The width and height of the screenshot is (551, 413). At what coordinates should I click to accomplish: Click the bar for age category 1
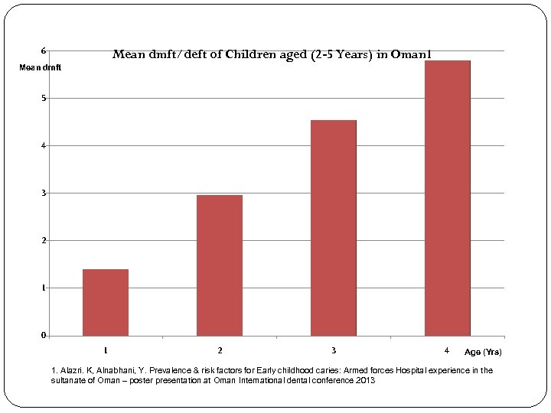(106, 302)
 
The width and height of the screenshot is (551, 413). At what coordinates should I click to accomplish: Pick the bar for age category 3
(334, 227)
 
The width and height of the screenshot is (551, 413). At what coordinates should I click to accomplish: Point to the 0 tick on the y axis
(44, 335)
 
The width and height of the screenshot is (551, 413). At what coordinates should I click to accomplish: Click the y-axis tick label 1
(44, 288)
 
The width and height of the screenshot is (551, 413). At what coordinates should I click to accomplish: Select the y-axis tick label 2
(44, 241)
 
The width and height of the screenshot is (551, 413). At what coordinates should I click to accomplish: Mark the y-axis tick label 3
(44, 193)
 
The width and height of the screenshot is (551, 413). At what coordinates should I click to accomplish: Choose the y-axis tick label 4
(44, 146)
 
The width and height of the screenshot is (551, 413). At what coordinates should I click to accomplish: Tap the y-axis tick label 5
(44, 99)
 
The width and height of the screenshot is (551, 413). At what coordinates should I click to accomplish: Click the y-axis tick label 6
(44, 51)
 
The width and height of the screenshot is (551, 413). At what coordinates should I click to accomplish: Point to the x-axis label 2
(220, 350)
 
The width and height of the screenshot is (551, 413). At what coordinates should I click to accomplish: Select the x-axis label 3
(334, 350)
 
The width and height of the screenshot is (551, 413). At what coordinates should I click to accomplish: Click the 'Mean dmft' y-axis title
(41, 68)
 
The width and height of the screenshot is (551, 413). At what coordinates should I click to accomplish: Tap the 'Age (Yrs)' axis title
(483, 352)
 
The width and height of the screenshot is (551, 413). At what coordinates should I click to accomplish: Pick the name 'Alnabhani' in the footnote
(117, 371)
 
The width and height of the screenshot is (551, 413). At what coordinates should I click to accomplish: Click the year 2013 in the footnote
(366, 380)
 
